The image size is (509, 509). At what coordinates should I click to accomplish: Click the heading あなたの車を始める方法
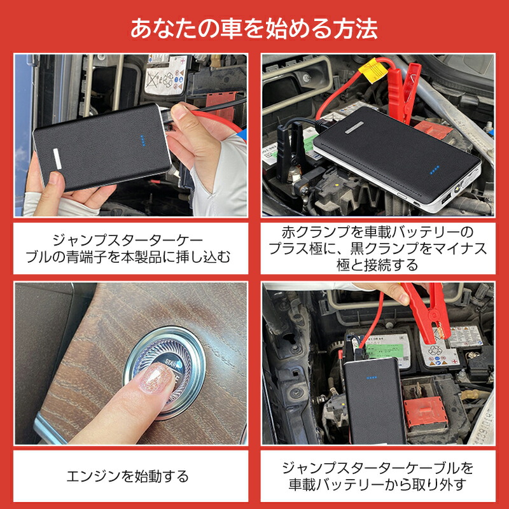point(254,29)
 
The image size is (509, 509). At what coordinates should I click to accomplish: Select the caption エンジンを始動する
point(127,476)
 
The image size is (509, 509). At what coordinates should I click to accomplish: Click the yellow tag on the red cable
point(373,70)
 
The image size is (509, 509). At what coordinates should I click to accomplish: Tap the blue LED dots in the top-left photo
point(143,141)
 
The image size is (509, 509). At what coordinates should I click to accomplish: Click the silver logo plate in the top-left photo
point(57,158)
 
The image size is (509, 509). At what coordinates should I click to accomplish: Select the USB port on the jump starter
point(445,197)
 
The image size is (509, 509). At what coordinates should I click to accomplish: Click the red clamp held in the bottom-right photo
point(429,312)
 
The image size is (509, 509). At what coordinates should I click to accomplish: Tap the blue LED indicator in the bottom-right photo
point(372,378)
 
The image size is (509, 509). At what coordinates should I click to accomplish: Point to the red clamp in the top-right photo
point(403,90)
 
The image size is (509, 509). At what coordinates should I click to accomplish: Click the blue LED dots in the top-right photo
point(435,170)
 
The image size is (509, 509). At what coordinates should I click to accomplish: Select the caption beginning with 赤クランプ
point(378,248)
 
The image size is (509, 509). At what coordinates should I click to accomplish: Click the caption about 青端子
point(128,249)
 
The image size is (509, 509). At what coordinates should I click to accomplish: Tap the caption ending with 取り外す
point(378,476)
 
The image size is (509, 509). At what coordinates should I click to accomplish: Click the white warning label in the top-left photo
point(165,76)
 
